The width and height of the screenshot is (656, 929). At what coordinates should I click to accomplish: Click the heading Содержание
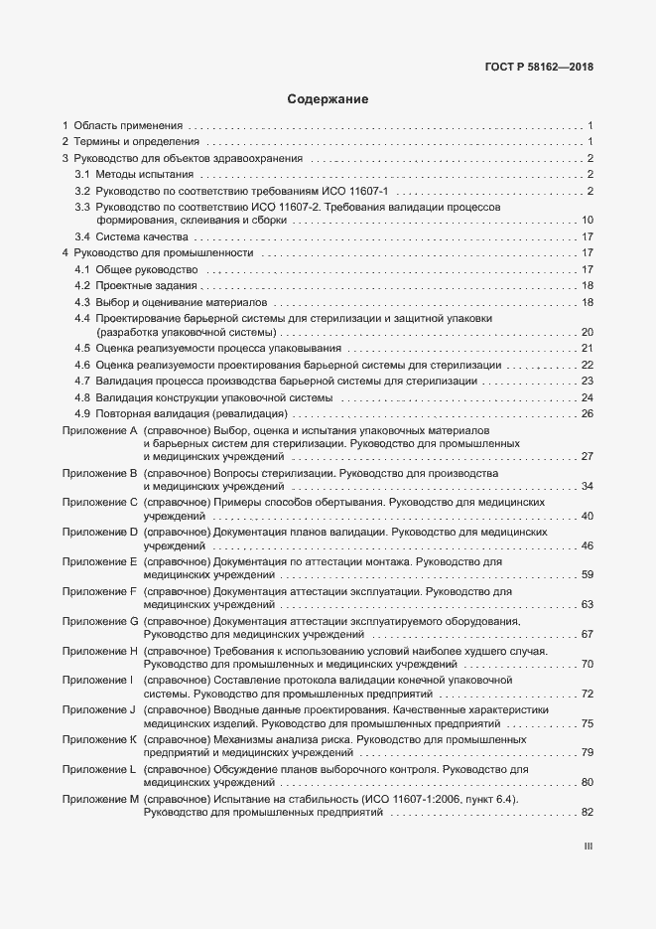pyautogui.click(x=328, y=99)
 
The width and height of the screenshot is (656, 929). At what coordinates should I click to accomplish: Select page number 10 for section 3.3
pyautogui.click(x=587, y=221)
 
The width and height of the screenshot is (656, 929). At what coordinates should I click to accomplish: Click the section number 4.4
pyautogui.click(x=83, y=318)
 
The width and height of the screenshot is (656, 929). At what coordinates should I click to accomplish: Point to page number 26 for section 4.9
pyautogui.click(x=587, y=413)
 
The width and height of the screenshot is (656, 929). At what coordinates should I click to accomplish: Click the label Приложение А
pyautogui.click(x=99, y=429)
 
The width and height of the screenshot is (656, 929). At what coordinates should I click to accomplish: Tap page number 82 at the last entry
pyautogui.click(x=587, y=814)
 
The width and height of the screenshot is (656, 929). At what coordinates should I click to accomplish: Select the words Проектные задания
pyautogui.click(x=145, y=286)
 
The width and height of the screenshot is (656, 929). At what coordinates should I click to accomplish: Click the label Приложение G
pyautogui.click(x=99, y=621)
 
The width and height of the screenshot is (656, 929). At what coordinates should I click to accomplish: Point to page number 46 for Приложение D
pyautogui.click(x=587, y=545)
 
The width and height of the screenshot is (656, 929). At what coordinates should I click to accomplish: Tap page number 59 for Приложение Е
pyautogui.click(x=587, y=575)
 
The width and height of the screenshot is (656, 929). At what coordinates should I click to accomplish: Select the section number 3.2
pyautogui.click(x=83, y=190)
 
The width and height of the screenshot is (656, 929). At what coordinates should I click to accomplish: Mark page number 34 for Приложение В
pyautogui.click(x=587, y=487)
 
